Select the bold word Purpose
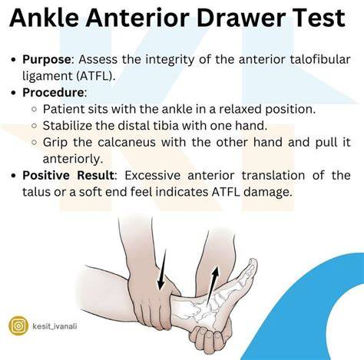46,60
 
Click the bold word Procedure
53,92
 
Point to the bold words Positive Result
68,176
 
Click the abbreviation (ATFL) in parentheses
94,76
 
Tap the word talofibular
320,59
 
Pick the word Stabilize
67,126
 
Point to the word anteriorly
73,159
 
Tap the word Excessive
153,176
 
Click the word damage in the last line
266,192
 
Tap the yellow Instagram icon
18,326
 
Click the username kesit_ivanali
55,326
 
